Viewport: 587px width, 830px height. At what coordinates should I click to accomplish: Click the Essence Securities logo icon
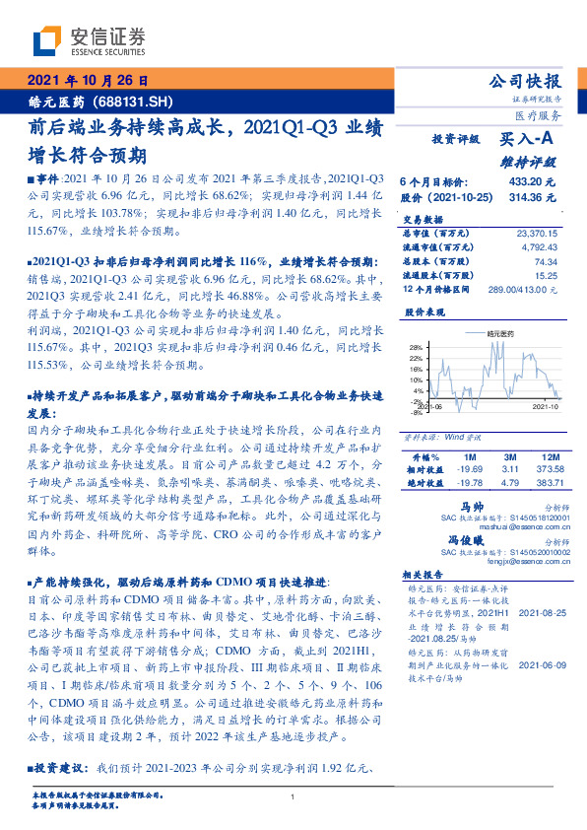point(46,42)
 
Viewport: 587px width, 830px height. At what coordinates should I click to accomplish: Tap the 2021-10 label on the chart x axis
point(547,405)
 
